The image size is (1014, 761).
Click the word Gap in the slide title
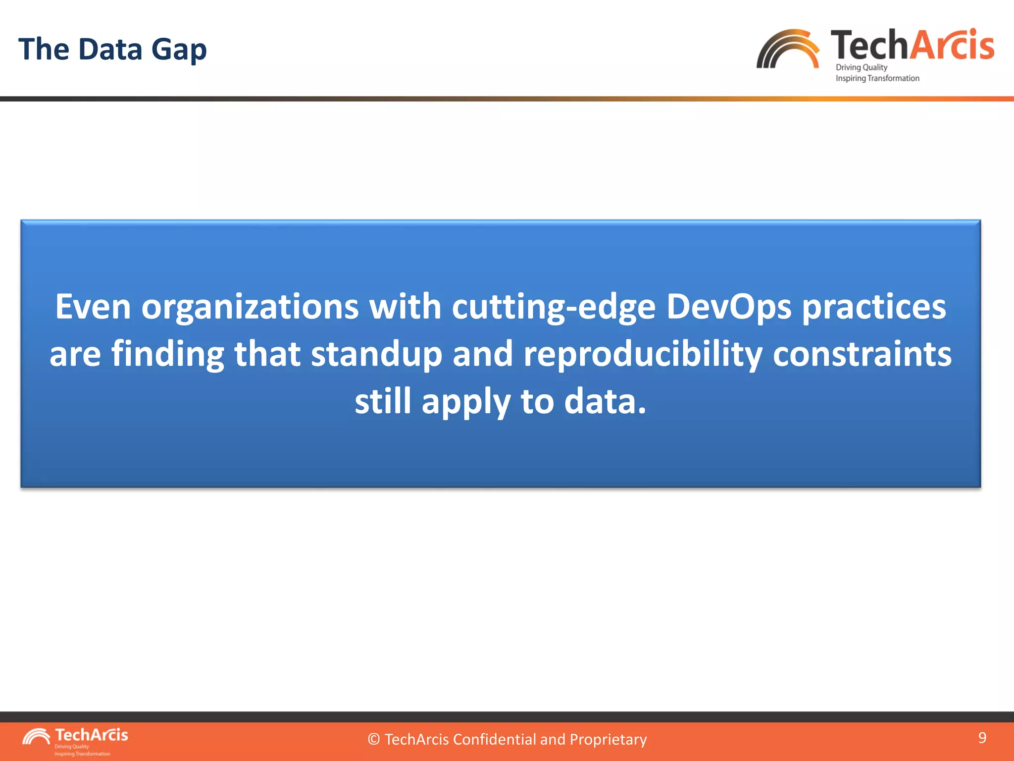pyautogui.click(x=179, y=50)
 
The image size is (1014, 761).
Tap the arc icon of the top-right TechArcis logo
pyautogui.click(x=787, y=50)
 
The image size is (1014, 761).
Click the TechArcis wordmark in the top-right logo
pyautogui.click(x=912, y=45)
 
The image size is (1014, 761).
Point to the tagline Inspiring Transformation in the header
pyautogui.click(x=877, y=78)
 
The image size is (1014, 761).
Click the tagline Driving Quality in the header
pyautogui.click(x=861, y=67)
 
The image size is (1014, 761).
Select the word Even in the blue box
pyautogui.click(x=93, y=307)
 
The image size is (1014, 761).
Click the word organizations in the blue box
pyautogui.click(x=250, y=308)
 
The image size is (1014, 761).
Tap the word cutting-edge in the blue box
pyautogui.click(x=554, y=308)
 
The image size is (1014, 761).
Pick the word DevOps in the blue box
pyautogui.click(x=728, y=308)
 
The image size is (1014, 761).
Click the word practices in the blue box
pyautogui.click(x=874, y=308)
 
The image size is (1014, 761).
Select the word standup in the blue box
pyautogui.click(x=376, y=355)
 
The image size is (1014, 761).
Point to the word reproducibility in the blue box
pyautogui.click(x=643, y=355)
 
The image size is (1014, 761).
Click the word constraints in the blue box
pyautogui.click(x=862, y=355)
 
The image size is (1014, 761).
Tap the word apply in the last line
pyautogui.click(x=465, y=402)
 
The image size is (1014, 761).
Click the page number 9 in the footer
pyautogui.click(x=982, y=738)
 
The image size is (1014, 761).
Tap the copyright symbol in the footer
pyautogui.click(x=374, y=740)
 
